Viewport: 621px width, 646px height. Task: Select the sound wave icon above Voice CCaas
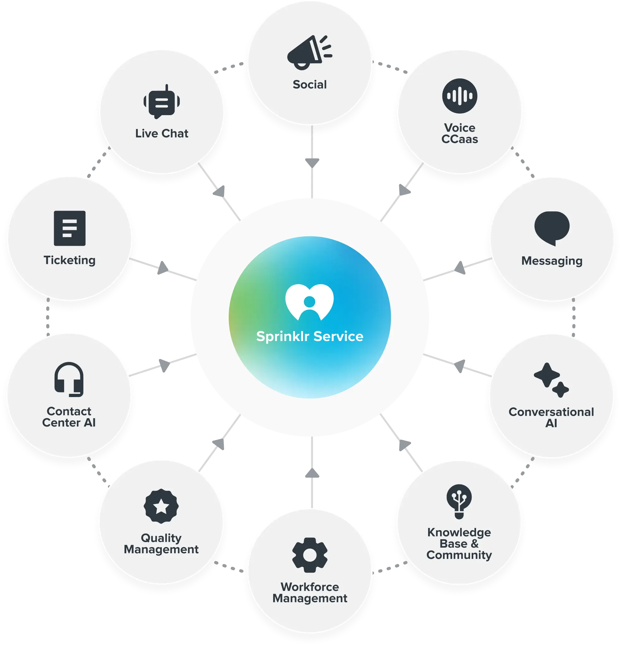[x=460, y=96]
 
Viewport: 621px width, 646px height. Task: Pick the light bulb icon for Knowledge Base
[x=459, y=501]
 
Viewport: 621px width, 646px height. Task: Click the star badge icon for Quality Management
[x=161, y=506]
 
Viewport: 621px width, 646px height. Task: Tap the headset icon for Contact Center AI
[x=69, y=379]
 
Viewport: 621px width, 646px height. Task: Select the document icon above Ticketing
[x=70, y=228]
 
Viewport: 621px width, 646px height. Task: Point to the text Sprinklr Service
[x=310, y=336]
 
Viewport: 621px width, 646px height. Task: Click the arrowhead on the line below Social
[x=312, y=163]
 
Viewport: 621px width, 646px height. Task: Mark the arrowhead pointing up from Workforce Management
[x=312, y=473]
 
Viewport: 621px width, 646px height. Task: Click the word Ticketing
[x=70, y=260]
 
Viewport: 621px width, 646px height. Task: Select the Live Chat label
[x=161, y=133]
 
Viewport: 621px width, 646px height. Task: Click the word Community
[x=459, y=555]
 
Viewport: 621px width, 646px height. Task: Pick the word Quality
[x=161, y=538]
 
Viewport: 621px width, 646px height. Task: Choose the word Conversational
[x=551, y=412]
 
